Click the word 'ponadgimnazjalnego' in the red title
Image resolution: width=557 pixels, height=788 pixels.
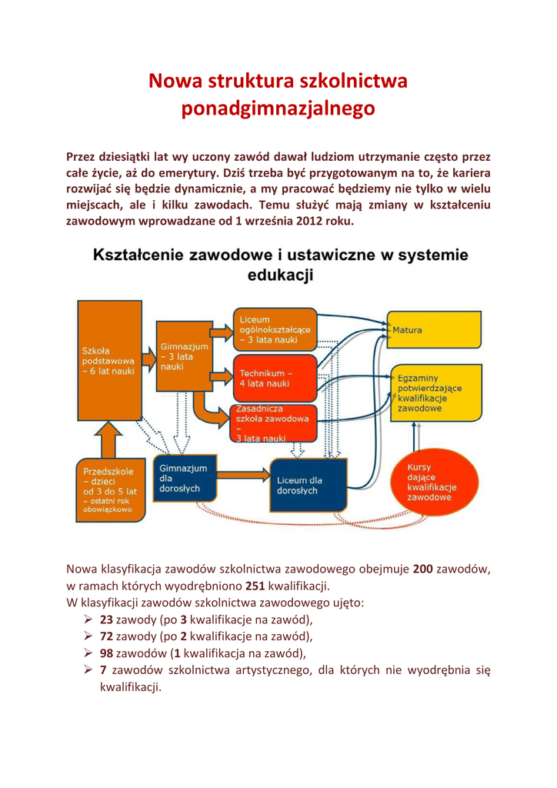point(278,109)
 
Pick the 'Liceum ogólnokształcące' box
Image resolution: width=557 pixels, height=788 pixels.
point(273,329)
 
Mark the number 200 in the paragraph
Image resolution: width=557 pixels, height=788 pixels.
point(423,569)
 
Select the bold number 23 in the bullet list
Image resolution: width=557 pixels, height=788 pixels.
point(107,620)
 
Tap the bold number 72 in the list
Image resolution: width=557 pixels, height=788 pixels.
point(107,637)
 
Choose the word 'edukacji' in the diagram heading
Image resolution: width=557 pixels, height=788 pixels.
point(278,275)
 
